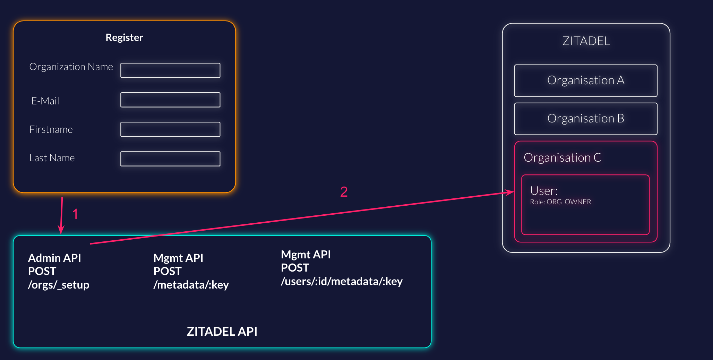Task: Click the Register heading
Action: tap(124, 37)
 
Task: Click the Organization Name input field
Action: tap(170, 70)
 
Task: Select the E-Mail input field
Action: tap(170, 100)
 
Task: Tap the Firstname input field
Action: tap(170, 129)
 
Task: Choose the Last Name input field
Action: tap(170, 159)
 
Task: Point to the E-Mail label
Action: tap(45, 101)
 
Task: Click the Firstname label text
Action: tap(51, 130)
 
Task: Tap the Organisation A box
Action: tap(586, 80)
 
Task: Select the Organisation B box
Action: tap(586, 119)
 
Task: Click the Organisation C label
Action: tap(562, 158)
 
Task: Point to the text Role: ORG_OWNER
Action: tap(560, 202)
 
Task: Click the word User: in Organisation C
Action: tap(544, 191)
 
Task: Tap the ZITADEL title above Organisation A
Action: tap(586, 41)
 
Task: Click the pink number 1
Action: tap(75, 214)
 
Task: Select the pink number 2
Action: tap(344, 192)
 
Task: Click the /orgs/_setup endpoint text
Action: tap(59, 285)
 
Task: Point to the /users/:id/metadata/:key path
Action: tap(342, 281)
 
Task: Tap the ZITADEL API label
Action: tap(222, 332)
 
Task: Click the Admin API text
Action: tap(54, 258)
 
